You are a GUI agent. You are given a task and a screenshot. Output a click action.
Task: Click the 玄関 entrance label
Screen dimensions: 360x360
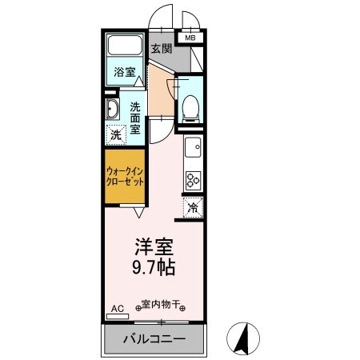point(162,48)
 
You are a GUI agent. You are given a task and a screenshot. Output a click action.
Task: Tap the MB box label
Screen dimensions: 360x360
point(190,38)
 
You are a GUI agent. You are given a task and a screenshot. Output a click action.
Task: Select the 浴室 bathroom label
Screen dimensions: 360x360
point(124,71)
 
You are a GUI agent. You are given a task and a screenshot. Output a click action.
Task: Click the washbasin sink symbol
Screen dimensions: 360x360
point(113,109)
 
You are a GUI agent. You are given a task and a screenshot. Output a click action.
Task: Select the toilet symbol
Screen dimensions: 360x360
point(190,107)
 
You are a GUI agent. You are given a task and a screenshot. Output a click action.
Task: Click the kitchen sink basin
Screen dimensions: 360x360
point(192,147)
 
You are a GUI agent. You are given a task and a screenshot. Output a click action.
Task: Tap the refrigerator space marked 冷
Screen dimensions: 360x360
point(193,207)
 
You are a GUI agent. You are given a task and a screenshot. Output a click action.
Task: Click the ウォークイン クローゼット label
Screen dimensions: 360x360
point(124,176)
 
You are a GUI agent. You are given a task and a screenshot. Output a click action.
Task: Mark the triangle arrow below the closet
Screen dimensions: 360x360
point(138,212)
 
